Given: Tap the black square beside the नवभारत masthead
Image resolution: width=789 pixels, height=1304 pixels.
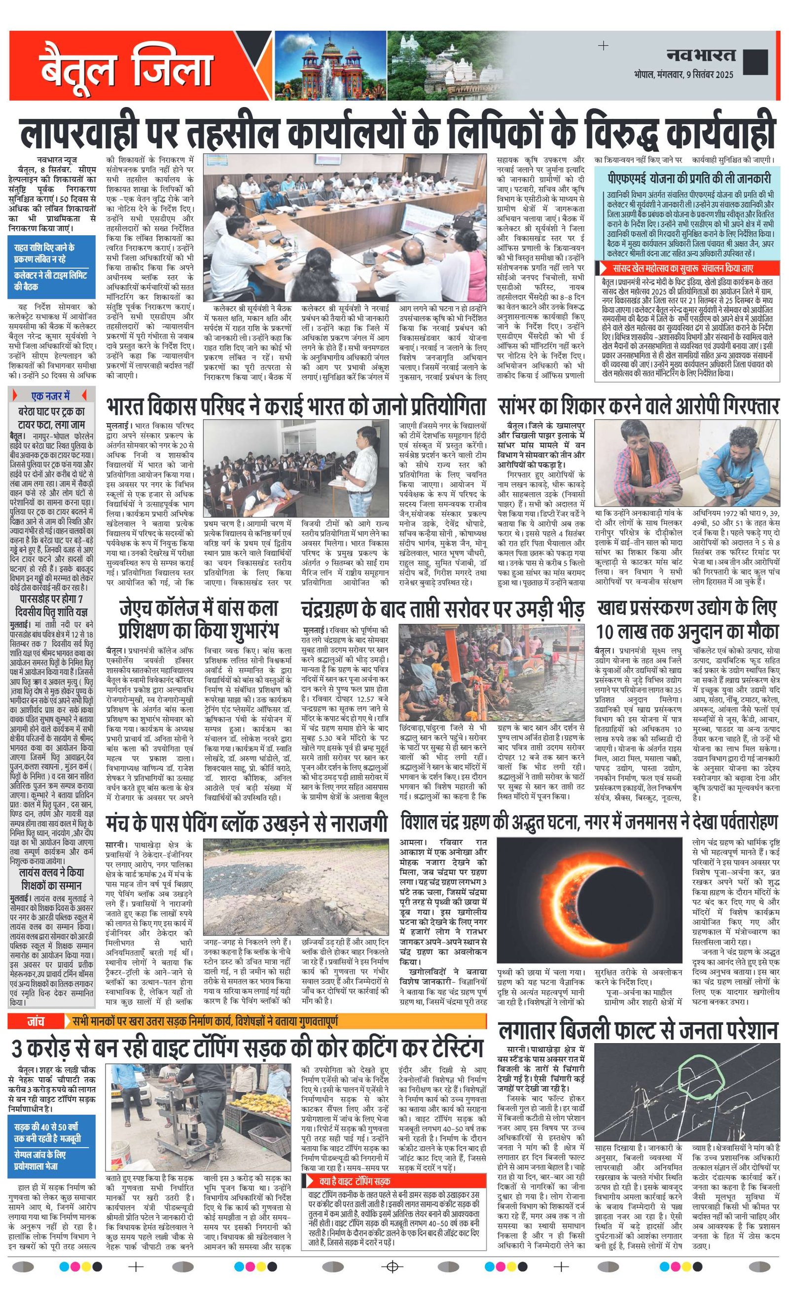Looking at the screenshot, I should click(x=755, y=62).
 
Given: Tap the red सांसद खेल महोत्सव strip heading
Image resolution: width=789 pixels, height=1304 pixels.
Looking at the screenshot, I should click(x=682, y=268).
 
